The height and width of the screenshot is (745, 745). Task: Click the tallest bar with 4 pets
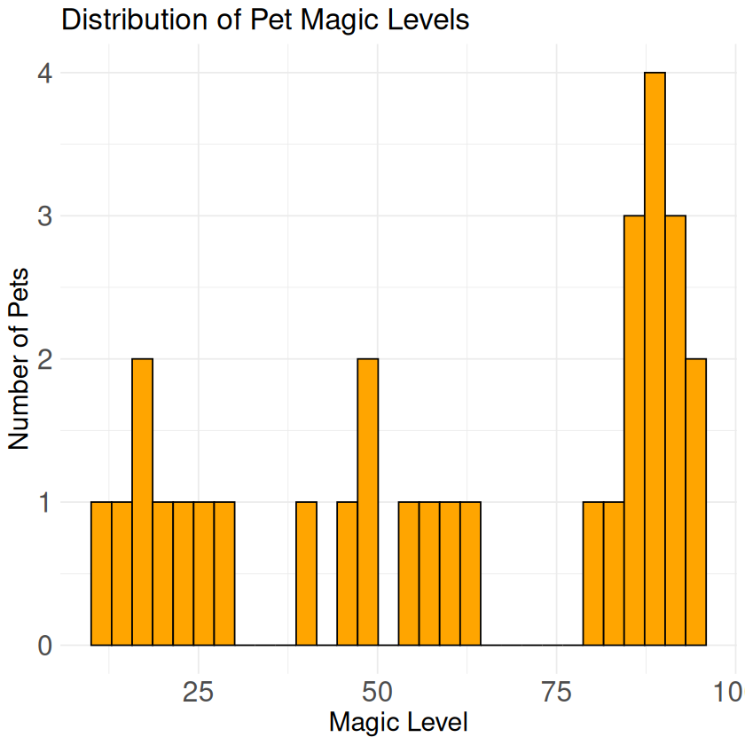[655, 358]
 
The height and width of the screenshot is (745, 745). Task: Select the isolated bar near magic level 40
[306, 574]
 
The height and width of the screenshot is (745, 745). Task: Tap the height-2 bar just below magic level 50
[367, 502]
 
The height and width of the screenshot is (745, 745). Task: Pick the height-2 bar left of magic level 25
[142, 502]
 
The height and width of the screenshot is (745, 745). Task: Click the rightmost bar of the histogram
[695, 502]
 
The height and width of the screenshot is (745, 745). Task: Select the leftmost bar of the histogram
[101, 574]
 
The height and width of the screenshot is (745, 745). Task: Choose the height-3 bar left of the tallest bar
[634, 430]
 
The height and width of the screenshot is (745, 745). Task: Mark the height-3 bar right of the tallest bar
[675, 430]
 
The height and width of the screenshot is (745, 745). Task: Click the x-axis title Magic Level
[398, 722]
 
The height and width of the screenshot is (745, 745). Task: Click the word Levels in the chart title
[428, 20]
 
